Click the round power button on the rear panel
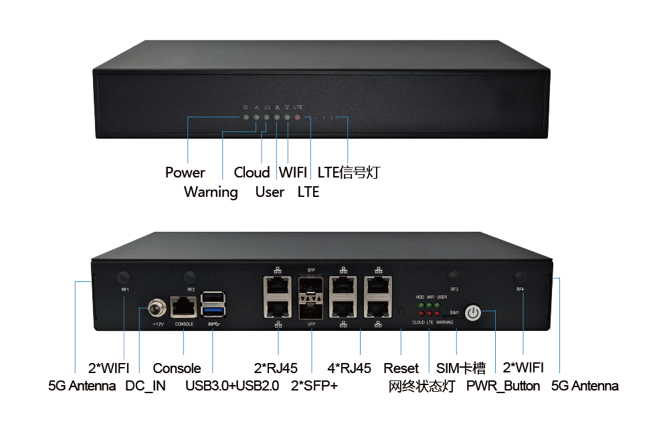[473, 312]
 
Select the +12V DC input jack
[157, 309]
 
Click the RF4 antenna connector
[521, 277]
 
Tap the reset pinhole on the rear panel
[401, 311]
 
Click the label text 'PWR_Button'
[503, 386]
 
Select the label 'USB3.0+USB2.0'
[232, 386]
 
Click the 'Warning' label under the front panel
[211, 192]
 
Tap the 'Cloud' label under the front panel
[252, 172]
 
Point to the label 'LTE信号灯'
[349, 172]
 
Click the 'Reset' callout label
[401, 368]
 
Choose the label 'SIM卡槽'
[461, 368]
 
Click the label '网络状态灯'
[422, 386]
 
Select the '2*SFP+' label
[314, 386]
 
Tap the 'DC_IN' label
[145, 386]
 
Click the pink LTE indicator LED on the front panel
[298, 118]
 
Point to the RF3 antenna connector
[454, 277]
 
